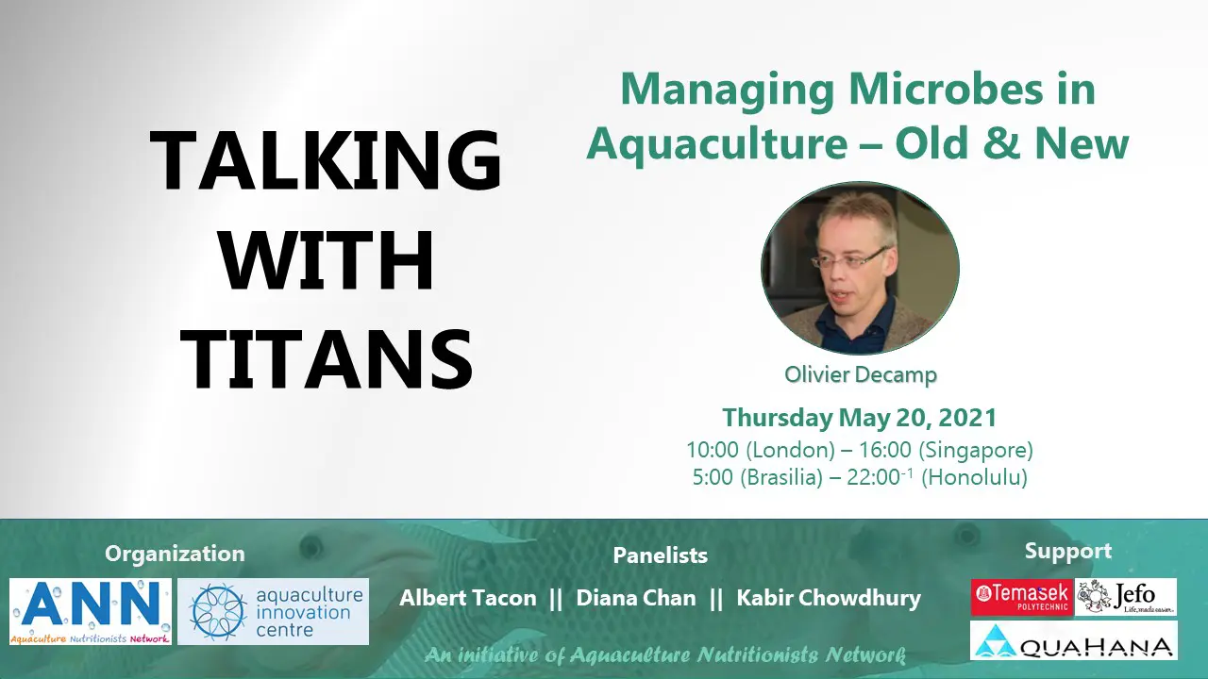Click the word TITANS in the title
[x=327, y=358]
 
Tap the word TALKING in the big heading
[x=326, y=160]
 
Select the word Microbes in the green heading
[x=946, y=89]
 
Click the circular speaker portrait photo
[x=860, y=268]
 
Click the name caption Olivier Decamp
[x=860, y=374]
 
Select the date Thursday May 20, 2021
[x=860, y=418]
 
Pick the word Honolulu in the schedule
[x=974, y=477]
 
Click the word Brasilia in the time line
[x=781, y=477]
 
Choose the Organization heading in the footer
[x=175, y=554]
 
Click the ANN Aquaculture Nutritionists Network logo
[x=91, y=612]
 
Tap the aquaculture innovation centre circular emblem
[x=218, y=612]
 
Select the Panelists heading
[x=660, y=555]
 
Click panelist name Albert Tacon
[x=468, y=598]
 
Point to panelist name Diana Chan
[x=636, y=598]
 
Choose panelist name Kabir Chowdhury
[x=829, y=599]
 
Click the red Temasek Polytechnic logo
[x=1021, y=597]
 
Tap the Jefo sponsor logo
[x=1126, y=597]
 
